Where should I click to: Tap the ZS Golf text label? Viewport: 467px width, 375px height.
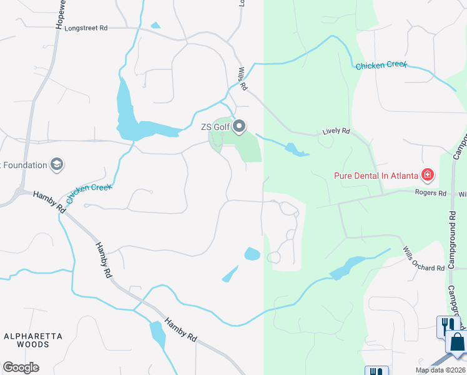click(215, 127)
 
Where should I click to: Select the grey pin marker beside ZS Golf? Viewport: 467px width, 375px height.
click(239, 127)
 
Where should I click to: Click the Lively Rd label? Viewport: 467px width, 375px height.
click(336, 132)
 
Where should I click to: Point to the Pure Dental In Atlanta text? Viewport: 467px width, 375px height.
click(375, 176)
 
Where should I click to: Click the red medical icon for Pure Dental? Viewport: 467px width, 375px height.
click(428, 175)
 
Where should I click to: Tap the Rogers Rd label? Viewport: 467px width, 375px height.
click(431, 193)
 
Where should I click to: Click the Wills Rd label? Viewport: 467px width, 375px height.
click(242, 79)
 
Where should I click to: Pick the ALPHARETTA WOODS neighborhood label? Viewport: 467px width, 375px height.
click(34, 340)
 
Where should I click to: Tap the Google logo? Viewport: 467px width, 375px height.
click(21, 367)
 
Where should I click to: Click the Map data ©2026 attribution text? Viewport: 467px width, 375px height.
click(441, 370)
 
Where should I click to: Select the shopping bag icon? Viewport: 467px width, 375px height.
click(456, 343)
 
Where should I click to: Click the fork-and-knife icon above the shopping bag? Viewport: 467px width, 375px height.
click(447, 324)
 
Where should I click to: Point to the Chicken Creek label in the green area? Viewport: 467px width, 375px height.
click(381, 65)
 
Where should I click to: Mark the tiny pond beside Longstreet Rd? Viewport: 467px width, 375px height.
click(155, 26)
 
